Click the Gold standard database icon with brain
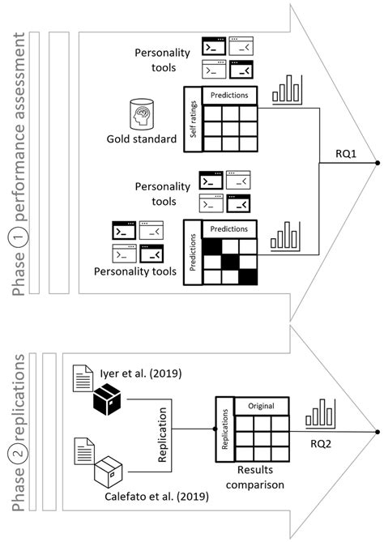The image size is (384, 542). [143, 114]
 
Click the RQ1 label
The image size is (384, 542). [326, 153]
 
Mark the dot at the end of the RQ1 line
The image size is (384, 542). [377, 164]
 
